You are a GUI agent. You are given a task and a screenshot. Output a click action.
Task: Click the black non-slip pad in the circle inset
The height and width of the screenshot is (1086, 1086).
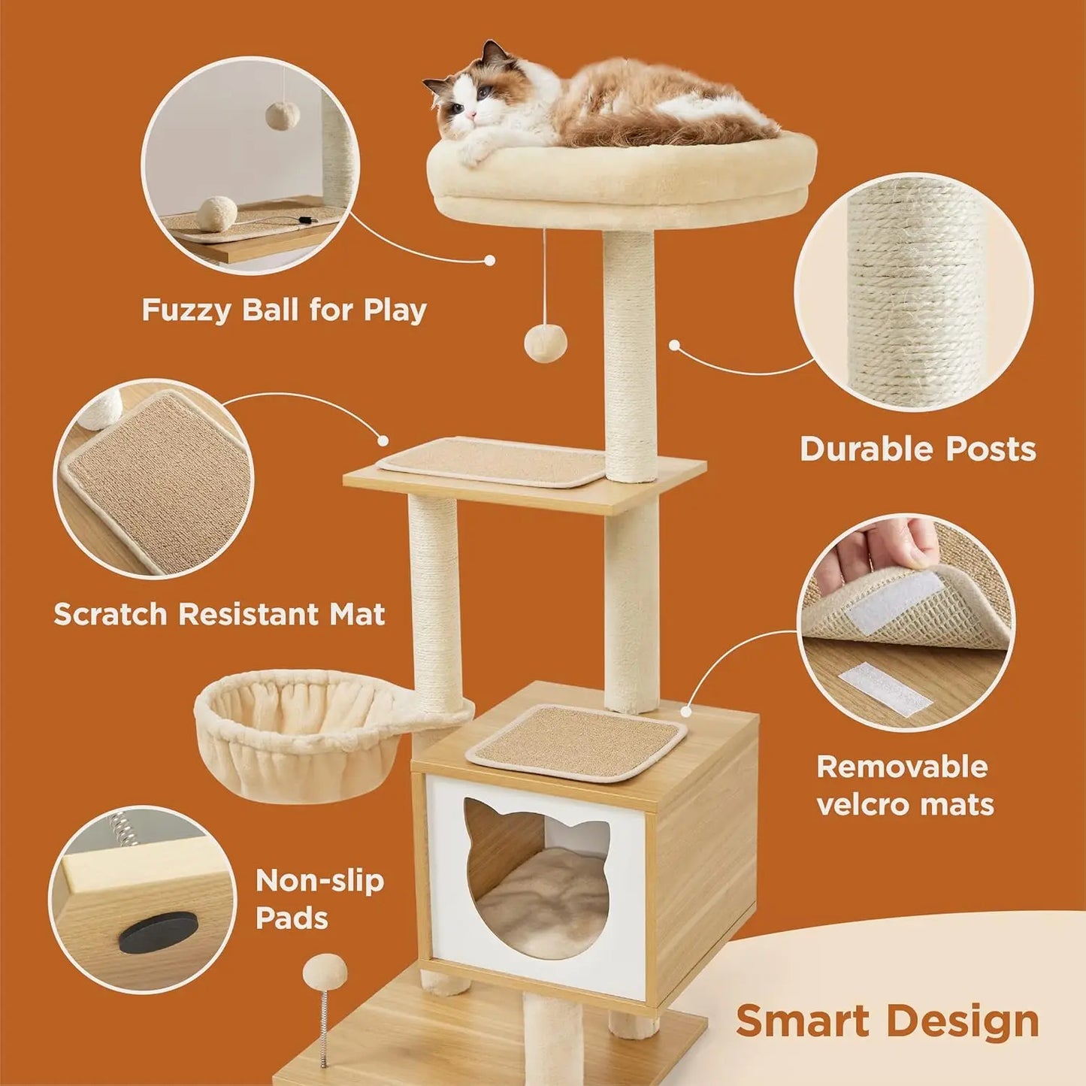(x=158, y=931)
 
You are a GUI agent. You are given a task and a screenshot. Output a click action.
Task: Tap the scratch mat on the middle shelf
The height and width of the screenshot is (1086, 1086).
(x=493, y=461)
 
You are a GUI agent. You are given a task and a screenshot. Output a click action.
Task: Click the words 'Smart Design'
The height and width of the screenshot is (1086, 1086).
(x=887, y=1021)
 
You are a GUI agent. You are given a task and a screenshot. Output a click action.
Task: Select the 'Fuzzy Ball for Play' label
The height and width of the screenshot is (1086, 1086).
(x=284, y=310)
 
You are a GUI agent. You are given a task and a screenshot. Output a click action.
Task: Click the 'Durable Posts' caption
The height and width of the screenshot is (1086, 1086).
(x=918, y=449)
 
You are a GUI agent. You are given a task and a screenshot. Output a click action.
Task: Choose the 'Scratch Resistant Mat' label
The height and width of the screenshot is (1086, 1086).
(x=219, y=614)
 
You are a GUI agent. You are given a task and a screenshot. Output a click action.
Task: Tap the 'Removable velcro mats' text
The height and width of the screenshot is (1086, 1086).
(x=905, y=785)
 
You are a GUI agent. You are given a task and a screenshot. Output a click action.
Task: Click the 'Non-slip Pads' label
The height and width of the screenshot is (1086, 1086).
(x=319, y=899)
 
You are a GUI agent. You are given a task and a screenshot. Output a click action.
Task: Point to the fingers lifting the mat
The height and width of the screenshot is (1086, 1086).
(x=887, y=545)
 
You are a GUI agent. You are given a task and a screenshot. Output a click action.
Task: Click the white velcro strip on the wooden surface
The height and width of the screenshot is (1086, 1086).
(x=885, y=688)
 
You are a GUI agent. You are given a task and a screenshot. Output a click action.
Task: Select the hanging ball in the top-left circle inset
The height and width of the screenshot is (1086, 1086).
(x=282, y=114)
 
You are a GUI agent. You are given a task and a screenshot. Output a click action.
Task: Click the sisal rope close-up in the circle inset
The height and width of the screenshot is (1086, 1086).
(x=914, y=293)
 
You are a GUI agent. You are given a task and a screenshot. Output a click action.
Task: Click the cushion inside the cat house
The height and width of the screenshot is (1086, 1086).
(x=541, y=902)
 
